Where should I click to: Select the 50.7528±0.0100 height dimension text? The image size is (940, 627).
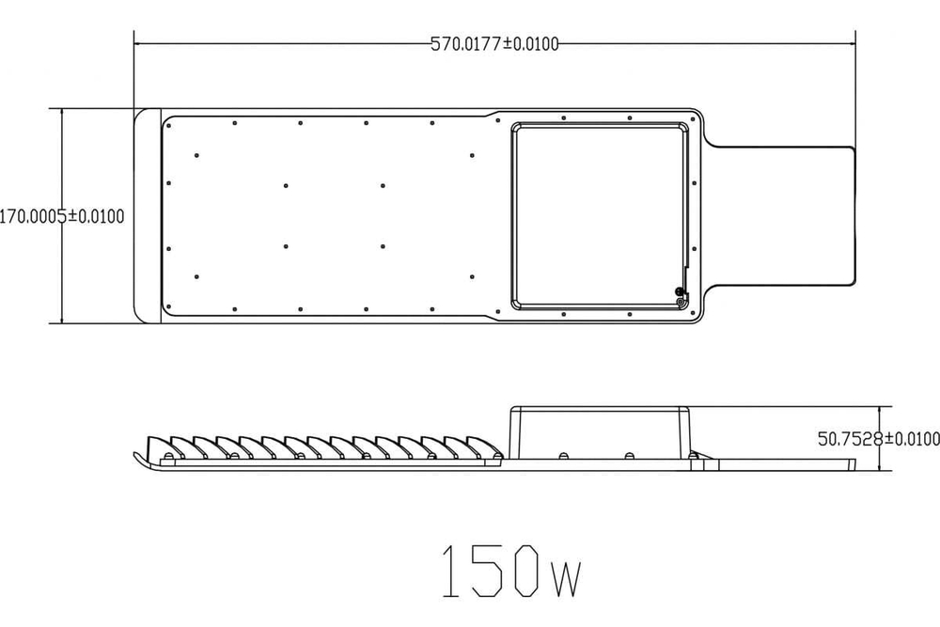pos(878,438)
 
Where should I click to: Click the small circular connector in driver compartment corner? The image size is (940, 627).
pos(680,293)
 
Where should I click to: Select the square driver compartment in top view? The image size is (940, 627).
pos(598,215)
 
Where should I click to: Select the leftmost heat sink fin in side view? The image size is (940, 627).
pos(160,445)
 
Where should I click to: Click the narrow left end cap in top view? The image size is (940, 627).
pos(147,216)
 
